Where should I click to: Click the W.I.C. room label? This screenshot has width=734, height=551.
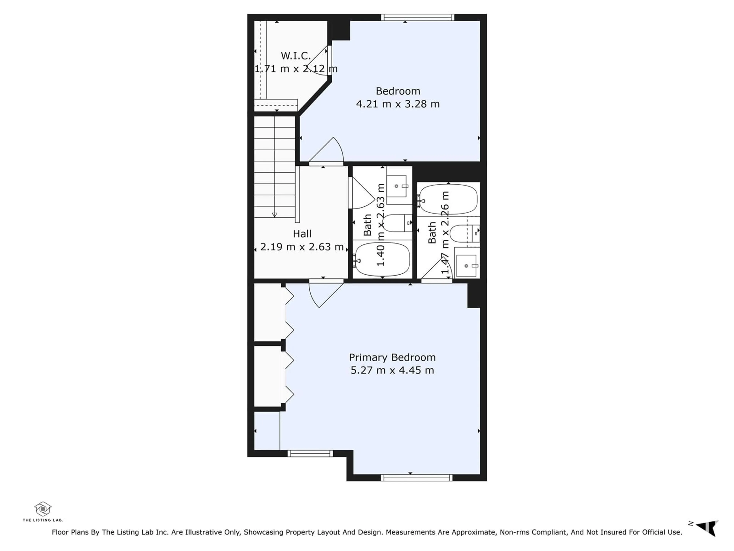click(x=296, y=56)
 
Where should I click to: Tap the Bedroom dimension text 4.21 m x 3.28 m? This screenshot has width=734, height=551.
click(x=398, y=104)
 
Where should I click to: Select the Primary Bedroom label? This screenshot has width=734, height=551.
click(x=392, y=357)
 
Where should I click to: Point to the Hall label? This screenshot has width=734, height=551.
click(x=302, y=234)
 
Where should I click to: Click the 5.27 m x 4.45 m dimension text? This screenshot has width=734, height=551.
click(x=392, y=370)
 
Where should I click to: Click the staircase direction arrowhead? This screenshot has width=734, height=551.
click(x=274, y=215)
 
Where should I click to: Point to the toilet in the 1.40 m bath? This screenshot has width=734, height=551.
click(x=397, y=223)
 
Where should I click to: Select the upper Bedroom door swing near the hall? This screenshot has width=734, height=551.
click(x=326, y=151)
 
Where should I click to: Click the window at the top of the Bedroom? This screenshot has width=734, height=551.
click(x=417, y=17)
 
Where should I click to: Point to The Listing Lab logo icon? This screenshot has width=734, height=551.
click(x=43, y=509)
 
